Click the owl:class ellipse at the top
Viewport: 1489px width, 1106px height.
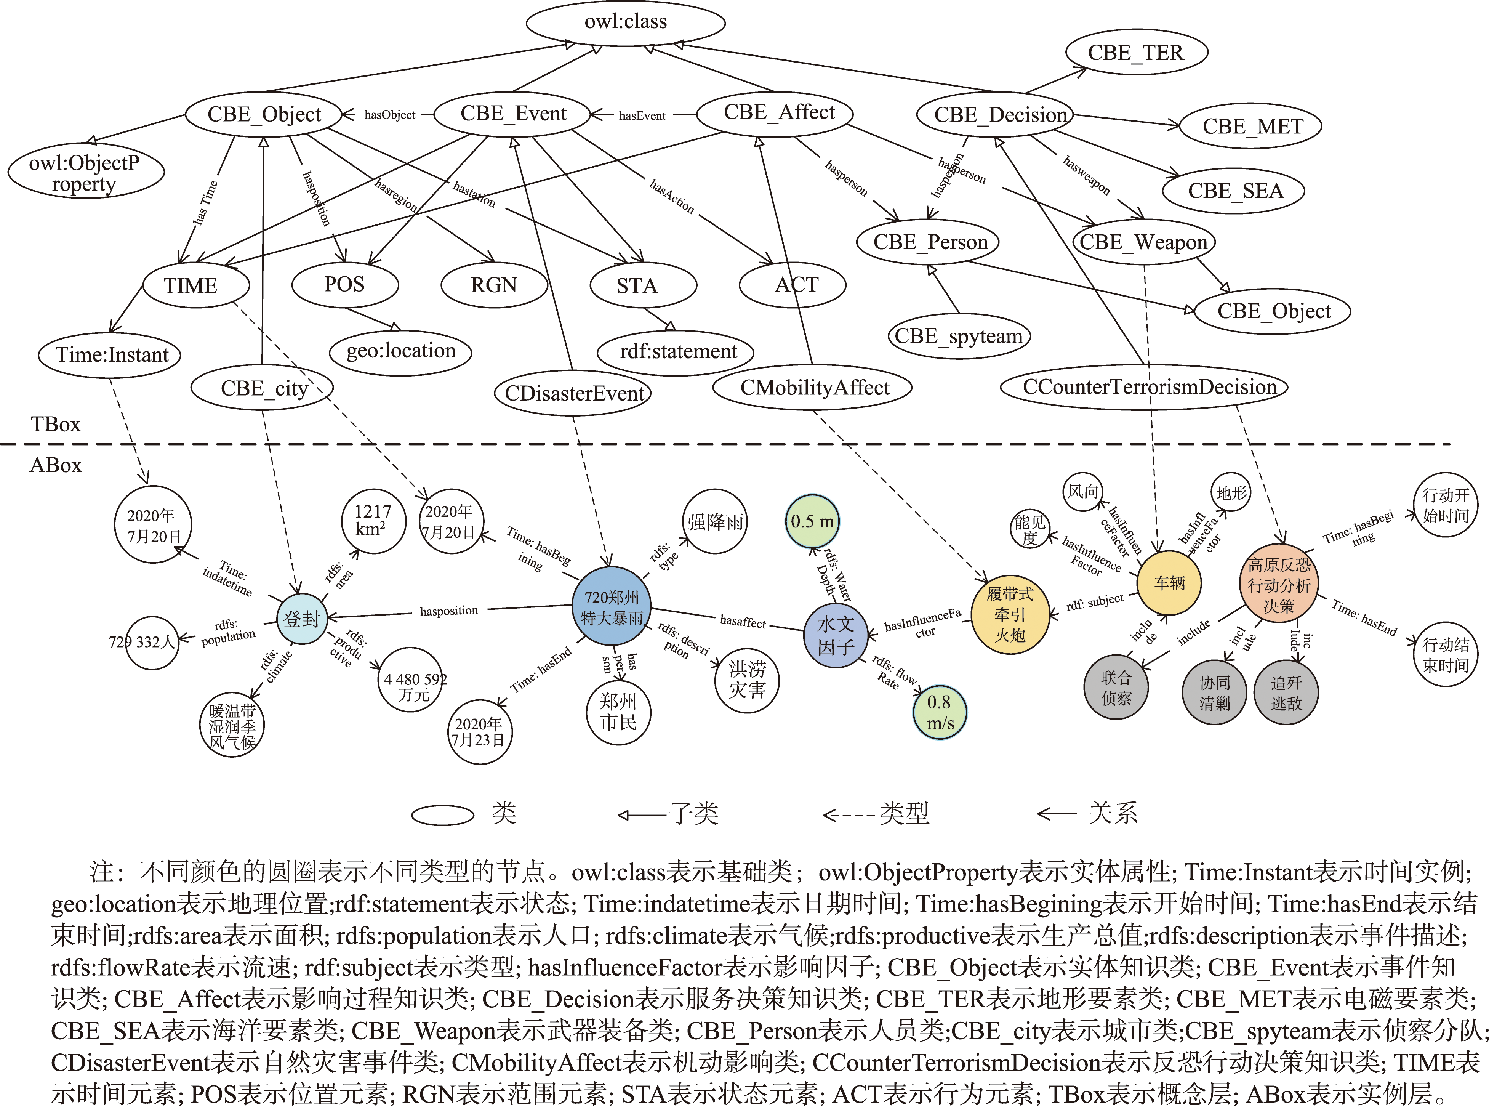(625, 22)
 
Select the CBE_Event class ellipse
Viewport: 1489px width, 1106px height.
(512, 114)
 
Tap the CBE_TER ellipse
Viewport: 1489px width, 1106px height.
(1136, 53)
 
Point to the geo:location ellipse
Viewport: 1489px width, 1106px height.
(400, 351)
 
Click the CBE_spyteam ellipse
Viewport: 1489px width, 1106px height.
(958, 336)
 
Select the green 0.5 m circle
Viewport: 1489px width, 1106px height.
(812, 521)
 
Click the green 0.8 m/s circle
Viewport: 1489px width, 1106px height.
(940, 712)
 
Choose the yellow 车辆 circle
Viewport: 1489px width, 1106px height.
(1169, 582)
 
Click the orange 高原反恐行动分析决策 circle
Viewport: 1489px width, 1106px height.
(1279, 585)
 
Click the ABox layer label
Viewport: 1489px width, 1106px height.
(56, 465)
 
